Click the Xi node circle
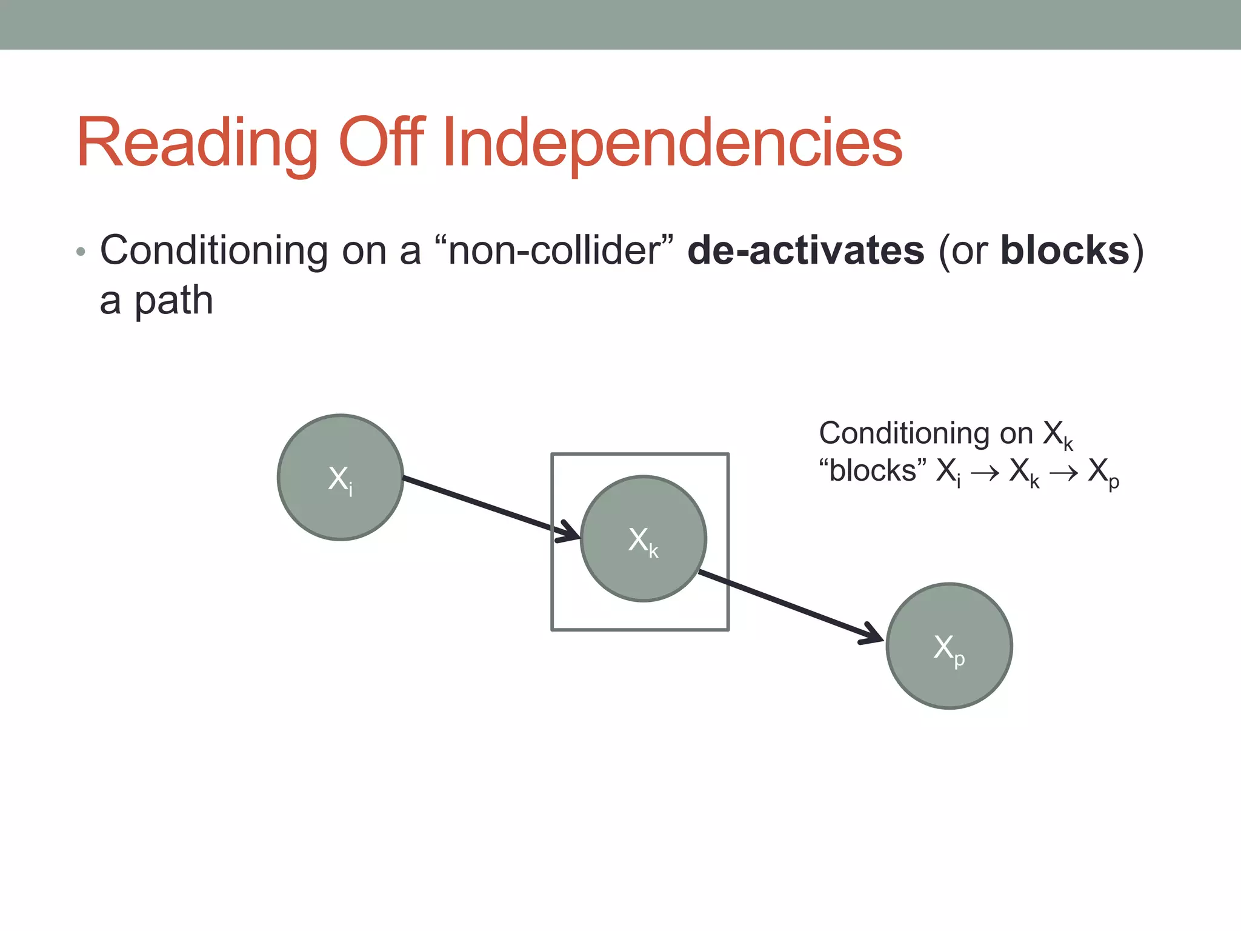pos(341,478)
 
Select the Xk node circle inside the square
pos(644,539)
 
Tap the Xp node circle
pos(950,646)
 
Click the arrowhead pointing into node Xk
pos(570,532)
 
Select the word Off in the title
pos(382,144)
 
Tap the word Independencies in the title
pos(673,144)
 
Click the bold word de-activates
pos(806,250)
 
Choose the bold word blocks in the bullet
pos(1065,250)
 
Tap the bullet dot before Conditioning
pos(81,252)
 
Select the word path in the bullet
pos(173,301)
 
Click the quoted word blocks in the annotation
pos(873,471)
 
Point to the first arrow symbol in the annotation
pos(985,473)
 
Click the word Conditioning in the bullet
pos(213,250)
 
